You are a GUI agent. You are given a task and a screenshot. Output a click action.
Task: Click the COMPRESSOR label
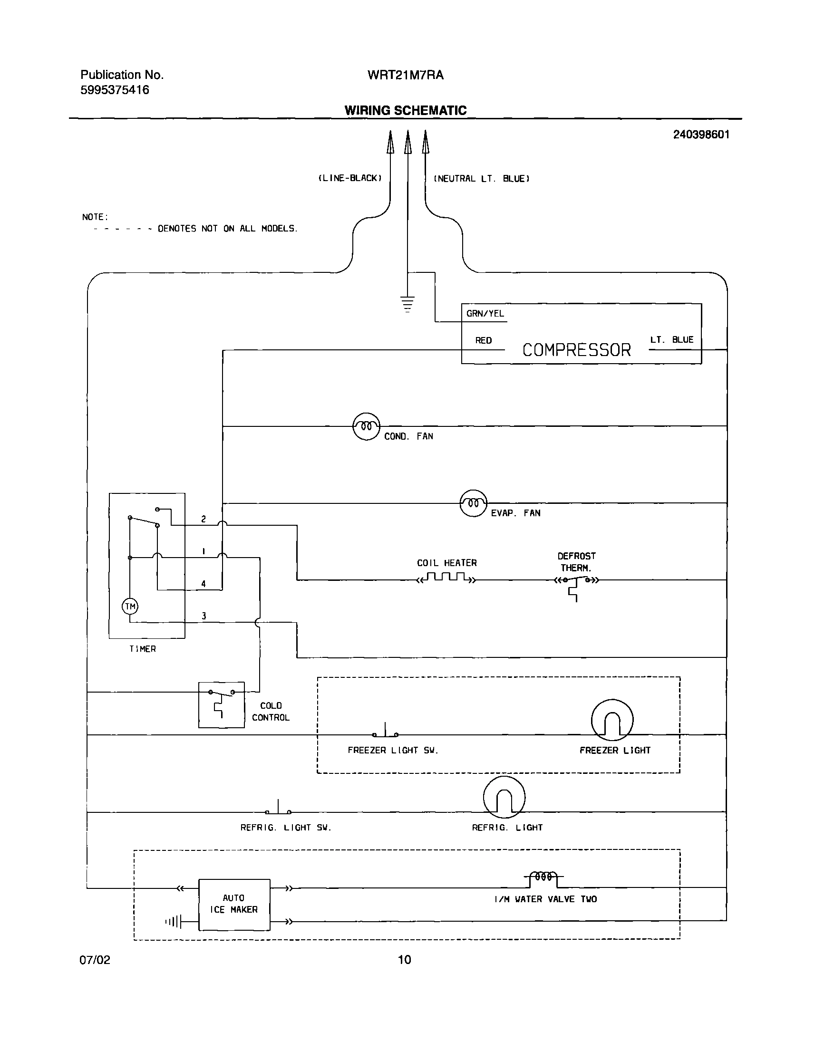click(x=576, y=350)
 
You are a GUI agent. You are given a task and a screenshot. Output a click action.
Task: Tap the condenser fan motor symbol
click(x=366, y=426)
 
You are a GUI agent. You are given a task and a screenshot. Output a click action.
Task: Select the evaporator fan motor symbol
click(x=473, y=503)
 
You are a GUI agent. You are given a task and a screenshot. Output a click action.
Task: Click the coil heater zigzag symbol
click(x=446, y=578)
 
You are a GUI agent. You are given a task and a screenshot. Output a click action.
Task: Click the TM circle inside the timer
click(x=130, y=607)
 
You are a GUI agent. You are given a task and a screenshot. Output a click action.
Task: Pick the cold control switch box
click(x=222, y=704)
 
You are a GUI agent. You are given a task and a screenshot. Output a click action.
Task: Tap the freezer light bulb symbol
click(x=612, y=720)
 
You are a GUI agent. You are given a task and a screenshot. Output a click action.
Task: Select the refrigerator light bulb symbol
click(x=504, y=797)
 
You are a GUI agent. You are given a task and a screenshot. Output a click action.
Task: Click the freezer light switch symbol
click(x=385, y=732)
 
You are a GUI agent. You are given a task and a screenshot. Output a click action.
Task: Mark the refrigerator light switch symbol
click(x=278, y=809)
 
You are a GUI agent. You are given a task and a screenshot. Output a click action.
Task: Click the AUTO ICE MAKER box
click(x=234, y=904)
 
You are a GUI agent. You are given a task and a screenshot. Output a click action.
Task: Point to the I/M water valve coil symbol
click(x=543, y=877)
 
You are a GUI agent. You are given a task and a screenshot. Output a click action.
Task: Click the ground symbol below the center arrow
click(x=407, y=303)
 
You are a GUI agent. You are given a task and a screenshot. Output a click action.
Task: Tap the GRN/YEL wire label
click(x=485, y=313)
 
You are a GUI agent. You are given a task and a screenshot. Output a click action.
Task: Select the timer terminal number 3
click(x=204, y=616)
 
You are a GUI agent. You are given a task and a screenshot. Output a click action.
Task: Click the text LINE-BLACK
click(x=350, y=178)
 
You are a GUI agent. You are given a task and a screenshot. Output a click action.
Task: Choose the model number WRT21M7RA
click(x=405, y=75)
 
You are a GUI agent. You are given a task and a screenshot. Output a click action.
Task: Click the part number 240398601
click(x=701, y=135)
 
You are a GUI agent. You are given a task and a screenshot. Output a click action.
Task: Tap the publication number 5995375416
click(x=115, y=90)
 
